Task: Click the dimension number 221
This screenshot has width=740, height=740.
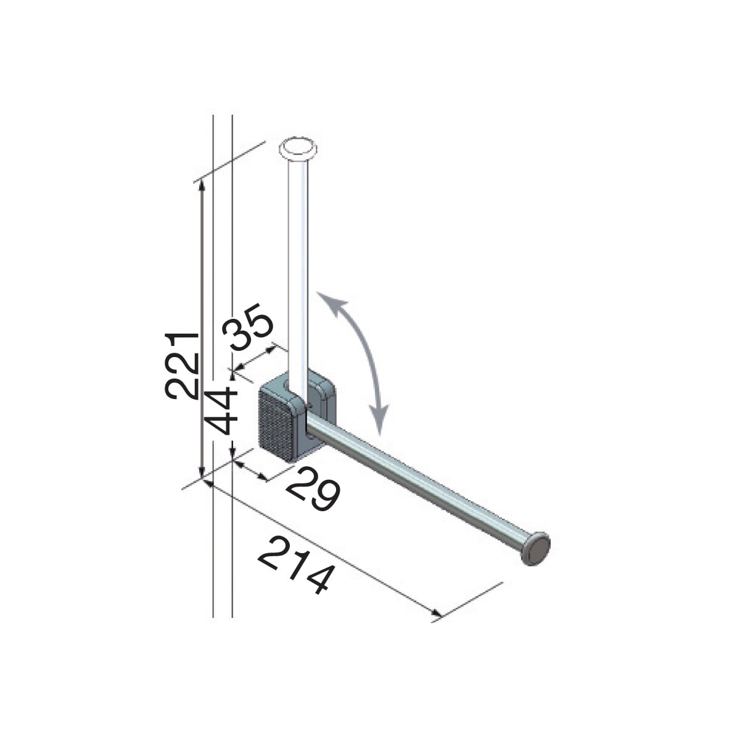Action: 181,365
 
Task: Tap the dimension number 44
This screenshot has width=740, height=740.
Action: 220,410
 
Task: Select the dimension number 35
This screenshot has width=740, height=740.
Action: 248,327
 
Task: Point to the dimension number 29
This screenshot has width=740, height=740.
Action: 313,489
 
